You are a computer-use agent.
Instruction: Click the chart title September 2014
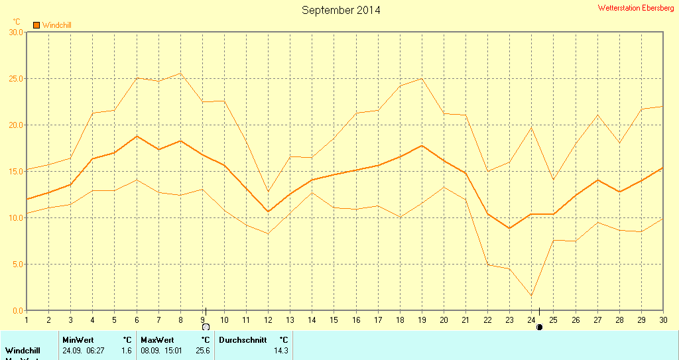point(341,10)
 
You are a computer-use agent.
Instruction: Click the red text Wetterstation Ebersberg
point(635,8)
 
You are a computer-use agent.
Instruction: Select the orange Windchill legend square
point(36,25)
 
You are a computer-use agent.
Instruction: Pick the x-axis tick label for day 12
point(268,320)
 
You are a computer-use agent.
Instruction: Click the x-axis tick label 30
point(662,320)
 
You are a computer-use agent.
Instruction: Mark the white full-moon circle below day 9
point(206,327)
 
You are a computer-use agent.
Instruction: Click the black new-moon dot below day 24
point(539,327)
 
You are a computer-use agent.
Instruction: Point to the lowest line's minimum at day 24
point(532,296)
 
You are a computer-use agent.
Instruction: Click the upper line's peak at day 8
point(180,73)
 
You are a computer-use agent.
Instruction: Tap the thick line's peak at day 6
point(137,136)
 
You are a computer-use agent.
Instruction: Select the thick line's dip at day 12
point(268,211)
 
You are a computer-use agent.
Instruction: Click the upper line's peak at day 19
point(421,78)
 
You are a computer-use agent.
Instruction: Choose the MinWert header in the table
point(78,340)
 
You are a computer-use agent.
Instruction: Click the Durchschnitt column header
point(243,340)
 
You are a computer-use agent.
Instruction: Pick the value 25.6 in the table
point(202,350)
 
